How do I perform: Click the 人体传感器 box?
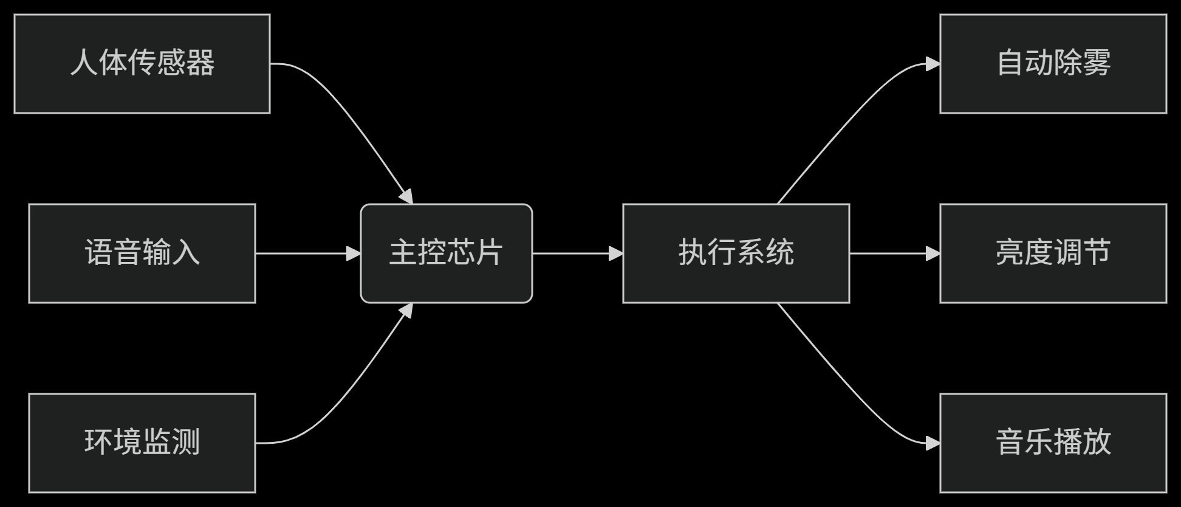[142, 64]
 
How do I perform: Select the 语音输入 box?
[142, 253]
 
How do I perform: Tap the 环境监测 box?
[142, 443]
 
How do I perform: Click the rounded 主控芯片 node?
[446, 253]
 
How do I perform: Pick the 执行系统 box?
[736, 253]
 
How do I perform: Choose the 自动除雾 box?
[1053, 64]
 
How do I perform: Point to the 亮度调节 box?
[1053, 253]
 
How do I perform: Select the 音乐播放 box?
[1053, 443]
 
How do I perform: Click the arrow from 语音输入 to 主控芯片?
[304, 253]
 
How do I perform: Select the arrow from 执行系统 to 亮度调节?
[890, 253]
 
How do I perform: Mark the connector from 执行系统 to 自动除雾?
[851, 119]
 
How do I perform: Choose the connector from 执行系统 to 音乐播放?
[851, 389]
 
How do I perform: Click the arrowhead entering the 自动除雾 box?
[933, 64]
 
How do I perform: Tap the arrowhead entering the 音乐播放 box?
[933, 443]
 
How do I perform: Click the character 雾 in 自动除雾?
[1097, 63]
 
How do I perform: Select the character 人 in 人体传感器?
[84, 63]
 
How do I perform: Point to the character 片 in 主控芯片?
[489, 253]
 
